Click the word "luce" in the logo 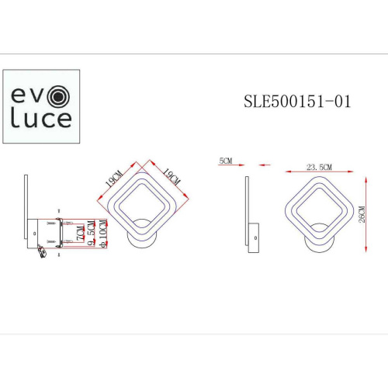pos(40,120)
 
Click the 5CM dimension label pos(227,161)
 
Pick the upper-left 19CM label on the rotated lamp pos(114,180)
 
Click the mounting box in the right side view pos(254,237)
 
